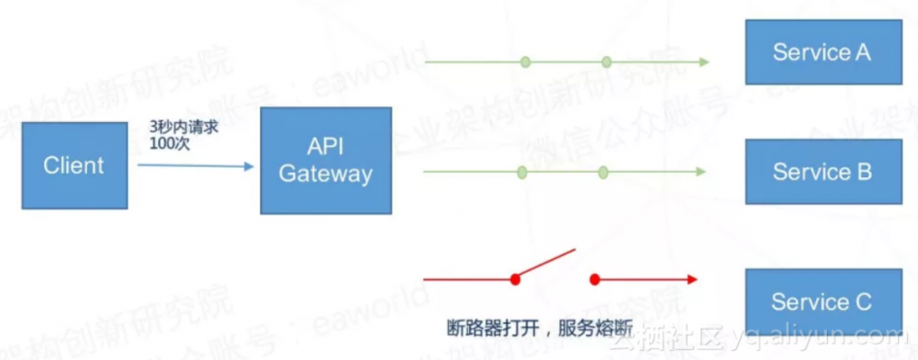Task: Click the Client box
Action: (74, 165)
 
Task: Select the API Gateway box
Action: (326, 161)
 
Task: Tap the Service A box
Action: (822, 51)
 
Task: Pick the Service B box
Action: (822, 172)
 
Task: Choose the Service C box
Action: (822, 301)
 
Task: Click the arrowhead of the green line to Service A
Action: (702, 62)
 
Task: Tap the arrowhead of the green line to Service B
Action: (700, 172)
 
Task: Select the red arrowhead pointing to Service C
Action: (692, 278)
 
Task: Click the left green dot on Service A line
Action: (525, 62)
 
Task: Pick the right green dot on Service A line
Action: (606, 62)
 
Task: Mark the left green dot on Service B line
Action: (521, 172)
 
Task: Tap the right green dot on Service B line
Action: (602, 172)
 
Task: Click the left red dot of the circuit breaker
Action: (515, 278)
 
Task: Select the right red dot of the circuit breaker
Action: (594, 278)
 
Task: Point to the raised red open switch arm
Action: (545, 263)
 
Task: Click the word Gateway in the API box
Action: (326, 174)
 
